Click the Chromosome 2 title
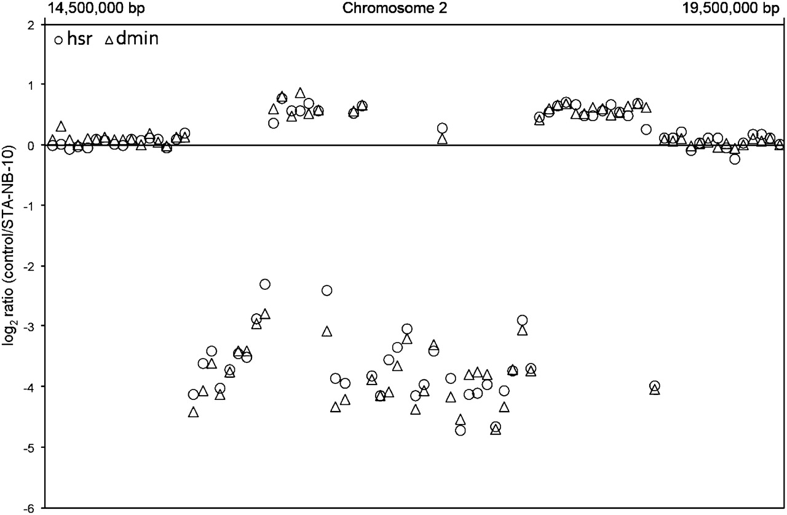[x=395, y=8]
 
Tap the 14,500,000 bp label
[x=96, y=9]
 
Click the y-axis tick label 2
[x=31, y=25]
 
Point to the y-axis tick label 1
[x=31, y=84]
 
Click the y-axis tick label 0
[x=31, y=145]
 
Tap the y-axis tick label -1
[x=28, y=206]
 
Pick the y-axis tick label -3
[x=28, y=326]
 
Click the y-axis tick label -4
[x=28, y=386]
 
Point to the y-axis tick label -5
[x=28, y=447]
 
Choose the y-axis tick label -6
[x=28, y=508]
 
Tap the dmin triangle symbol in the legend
[x=109, y=41]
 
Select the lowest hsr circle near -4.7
[x=461, y=430]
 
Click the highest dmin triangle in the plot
[x=299, y=93]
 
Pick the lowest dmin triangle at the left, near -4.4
[x=193, y=412]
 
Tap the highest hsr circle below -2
[x=265, y=284]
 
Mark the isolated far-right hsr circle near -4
[x=655, y=386]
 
